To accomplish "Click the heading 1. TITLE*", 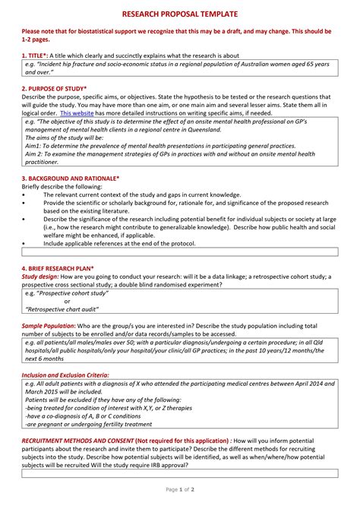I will [35, 56].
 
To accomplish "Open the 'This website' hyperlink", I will [77, 112].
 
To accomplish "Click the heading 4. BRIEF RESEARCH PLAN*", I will [58, 268].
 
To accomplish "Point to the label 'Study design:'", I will [40, 277].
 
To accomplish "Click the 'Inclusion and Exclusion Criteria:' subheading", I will [65, 375].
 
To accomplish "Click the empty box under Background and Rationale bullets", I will [181, 250].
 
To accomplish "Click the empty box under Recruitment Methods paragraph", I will [181, 472].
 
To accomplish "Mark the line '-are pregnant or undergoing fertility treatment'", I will [95, 423].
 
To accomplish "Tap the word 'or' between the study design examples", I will [67, 301].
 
